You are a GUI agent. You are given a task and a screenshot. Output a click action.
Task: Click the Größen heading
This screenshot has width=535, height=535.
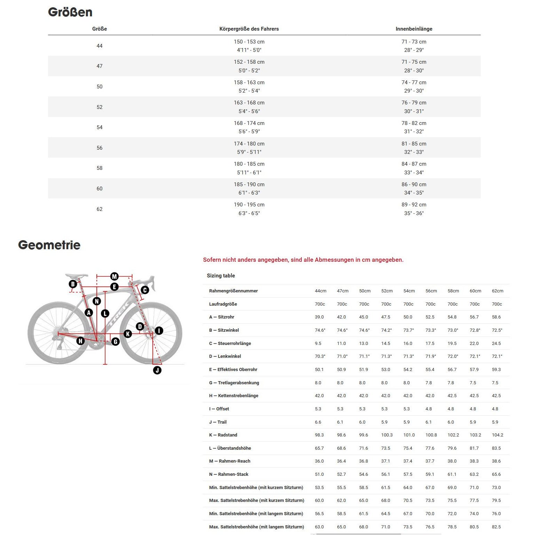click(x=70, y=12)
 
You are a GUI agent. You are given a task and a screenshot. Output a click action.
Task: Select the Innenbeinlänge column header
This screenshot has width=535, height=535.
click(x=414, y=29)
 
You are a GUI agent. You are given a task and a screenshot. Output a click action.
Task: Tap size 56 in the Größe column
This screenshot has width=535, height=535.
click(x=100, y=148)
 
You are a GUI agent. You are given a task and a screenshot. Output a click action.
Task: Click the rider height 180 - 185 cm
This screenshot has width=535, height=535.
click(x=249, y=164)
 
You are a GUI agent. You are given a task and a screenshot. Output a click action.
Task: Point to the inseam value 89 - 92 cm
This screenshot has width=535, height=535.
click(x=414, y=205)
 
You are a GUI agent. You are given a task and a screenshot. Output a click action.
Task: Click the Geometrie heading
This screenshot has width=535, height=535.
click(x=49, y=245)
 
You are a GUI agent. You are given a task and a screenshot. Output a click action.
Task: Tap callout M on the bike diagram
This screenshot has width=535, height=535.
click(x=115, y=276)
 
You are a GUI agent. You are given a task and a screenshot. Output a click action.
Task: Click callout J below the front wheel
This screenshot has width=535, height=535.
click(x=157, y=370)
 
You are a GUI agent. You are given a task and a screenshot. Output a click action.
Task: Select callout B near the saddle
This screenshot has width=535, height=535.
click(x=73, y=284)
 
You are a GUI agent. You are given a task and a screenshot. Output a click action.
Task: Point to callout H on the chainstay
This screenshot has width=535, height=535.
click(x=80, y=341)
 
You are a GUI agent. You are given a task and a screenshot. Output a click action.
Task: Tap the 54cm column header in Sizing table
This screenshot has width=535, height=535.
click(x=409, y=291)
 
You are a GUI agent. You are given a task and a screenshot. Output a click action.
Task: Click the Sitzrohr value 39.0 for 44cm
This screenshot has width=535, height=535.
click(x=319, y=317)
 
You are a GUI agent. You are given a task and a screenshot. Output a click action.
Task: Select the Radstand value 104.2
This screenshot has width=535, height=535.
click(x=497, y=435)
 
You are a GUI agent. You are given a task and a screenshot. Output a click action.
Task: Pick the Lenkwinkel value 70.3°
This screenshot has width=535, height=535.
click(x=320, y=356)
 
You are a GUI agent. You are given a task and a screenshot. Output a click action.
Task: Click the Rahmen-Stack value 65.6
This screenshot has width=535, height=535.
click(x=496, y=474)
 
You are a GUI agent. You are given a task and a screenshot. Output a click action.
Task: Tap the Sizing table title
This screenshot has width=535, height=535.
click(x=221, y=276)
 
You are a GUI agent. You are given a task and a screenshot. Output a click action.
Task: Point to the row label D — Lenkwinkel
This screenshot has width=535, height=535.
click(x=225, y=356)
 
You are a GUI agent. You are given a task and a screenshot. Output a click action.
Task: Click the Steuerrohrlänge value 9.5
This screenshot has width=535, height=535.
click(x=318, y=344)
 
